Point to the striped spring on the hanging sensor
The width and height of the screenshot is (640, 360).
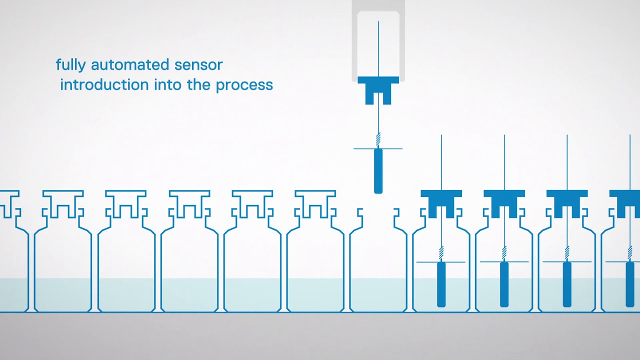[x=378, y=138]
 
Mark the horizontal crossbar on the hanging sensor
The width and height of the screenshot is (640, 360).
[x=365, y=148]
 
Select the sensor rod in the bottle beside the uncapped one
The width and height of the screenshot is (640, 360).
[x=441, y=284]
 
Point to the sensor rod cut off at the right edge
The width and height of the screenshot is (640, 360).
[x=629, y=284]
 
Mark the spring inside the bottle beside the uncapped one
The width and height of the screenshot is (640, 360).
[x=441, y=252]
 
